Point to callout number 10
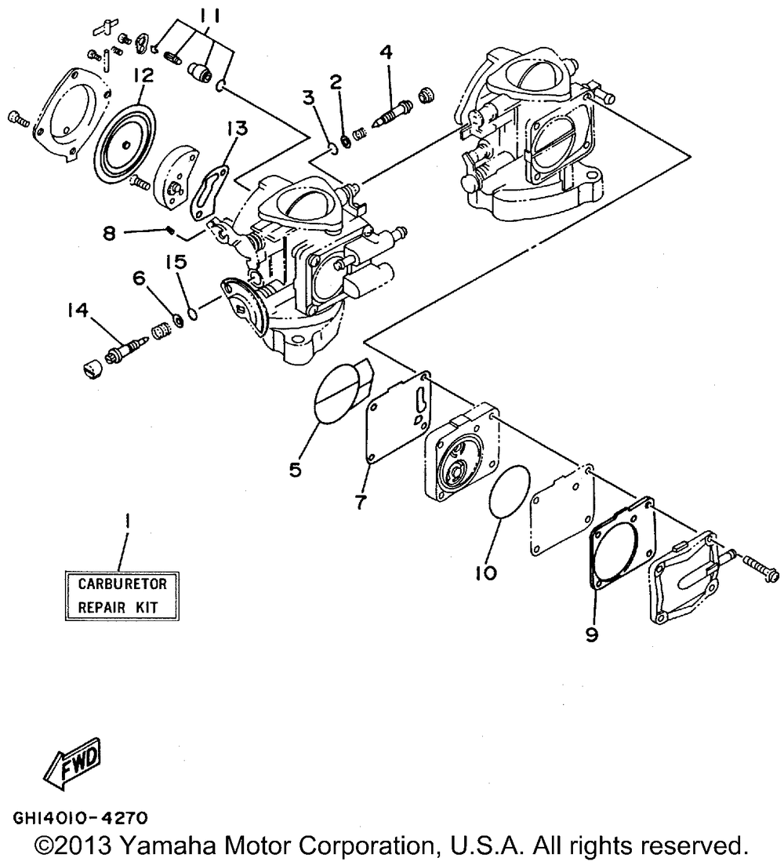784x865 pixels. tap(485, 574)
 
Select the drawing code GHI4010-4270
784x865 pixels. tap(78, 818)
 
